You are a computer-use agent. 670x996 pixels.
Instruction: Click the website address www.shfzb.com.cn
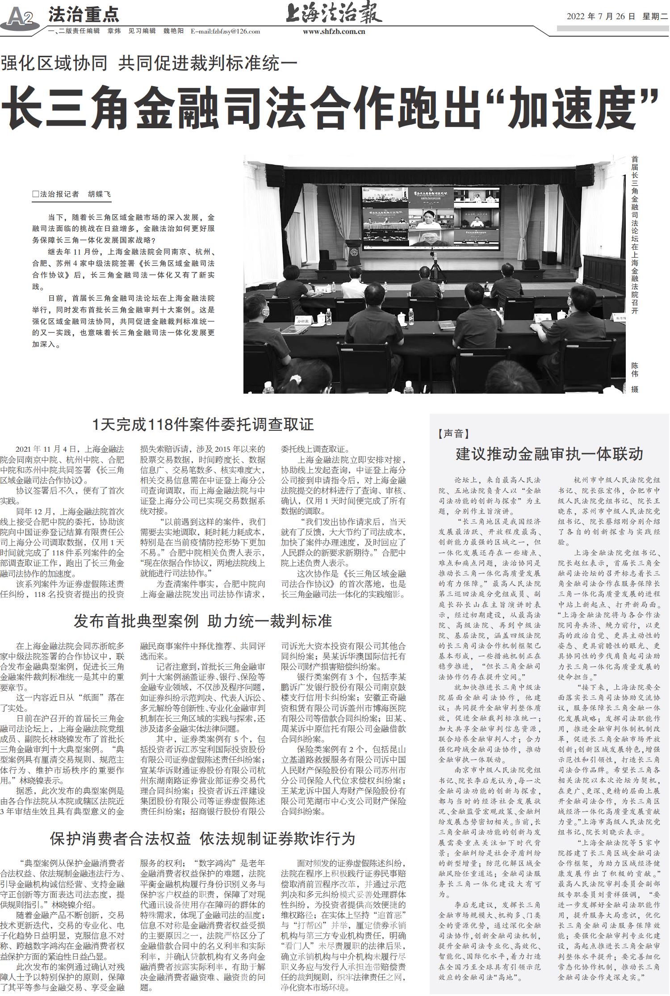pyautogui.click(x=334, y=31)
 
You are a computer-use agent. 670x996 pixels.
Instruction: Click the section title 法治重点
pyautogui.click(x=84, y=15)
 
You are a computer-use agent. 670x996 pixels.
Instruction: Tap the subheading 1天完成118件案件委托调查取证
pyautogui.click(x=203, y=424)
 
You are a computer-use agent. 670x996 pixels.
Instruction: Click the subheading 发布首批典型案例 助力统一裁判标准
pyautogui.click(x=203, y=621)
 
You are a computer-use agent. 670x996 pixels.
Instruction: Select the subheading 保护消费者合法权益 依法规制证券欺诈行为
pyautogui.click(x=203, y=838)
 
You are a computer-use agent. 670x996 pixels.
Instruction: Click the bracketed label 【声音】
pyautogui.click(x=454, y=433)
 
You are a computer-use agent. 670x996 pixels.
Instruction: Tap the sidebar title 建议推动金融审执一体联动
pyautogui.click(x=549, y=454)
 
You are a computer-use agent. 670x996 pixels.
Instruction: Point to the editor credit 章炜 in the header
pyautogui.click(x=114, y=31)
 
